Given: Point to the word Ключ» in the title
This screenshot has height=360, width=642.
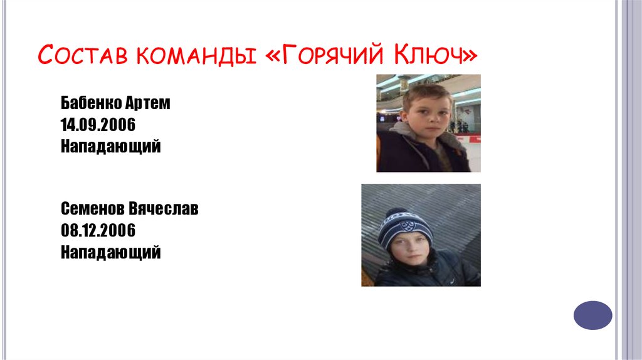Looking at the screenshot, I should tap(434, 56).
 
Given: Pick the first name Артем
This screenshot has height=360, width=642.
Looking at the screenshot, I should tap(148, 103).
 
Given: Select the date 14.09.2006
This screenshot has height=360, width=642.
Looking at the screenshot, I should tap(98, 124).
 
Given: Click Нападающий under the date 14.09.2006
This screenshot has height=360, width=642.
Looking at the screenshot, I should tap(111, 146).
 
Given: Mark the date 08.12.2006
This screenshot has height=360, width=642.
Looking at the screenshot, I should tap(98, 230).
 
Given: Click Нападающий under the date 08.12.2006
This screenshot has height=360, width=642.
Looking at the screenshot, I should tap(111, 252).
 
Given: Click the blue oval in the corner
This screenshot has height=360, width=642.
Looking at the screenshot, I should tap(592, 315).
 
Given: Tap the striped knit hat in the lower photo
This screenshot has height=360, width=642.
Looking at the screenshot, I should tap(404, 227).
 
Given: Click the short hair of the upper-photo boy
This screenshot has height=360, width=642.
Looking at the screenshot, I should tap(426, 95).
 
